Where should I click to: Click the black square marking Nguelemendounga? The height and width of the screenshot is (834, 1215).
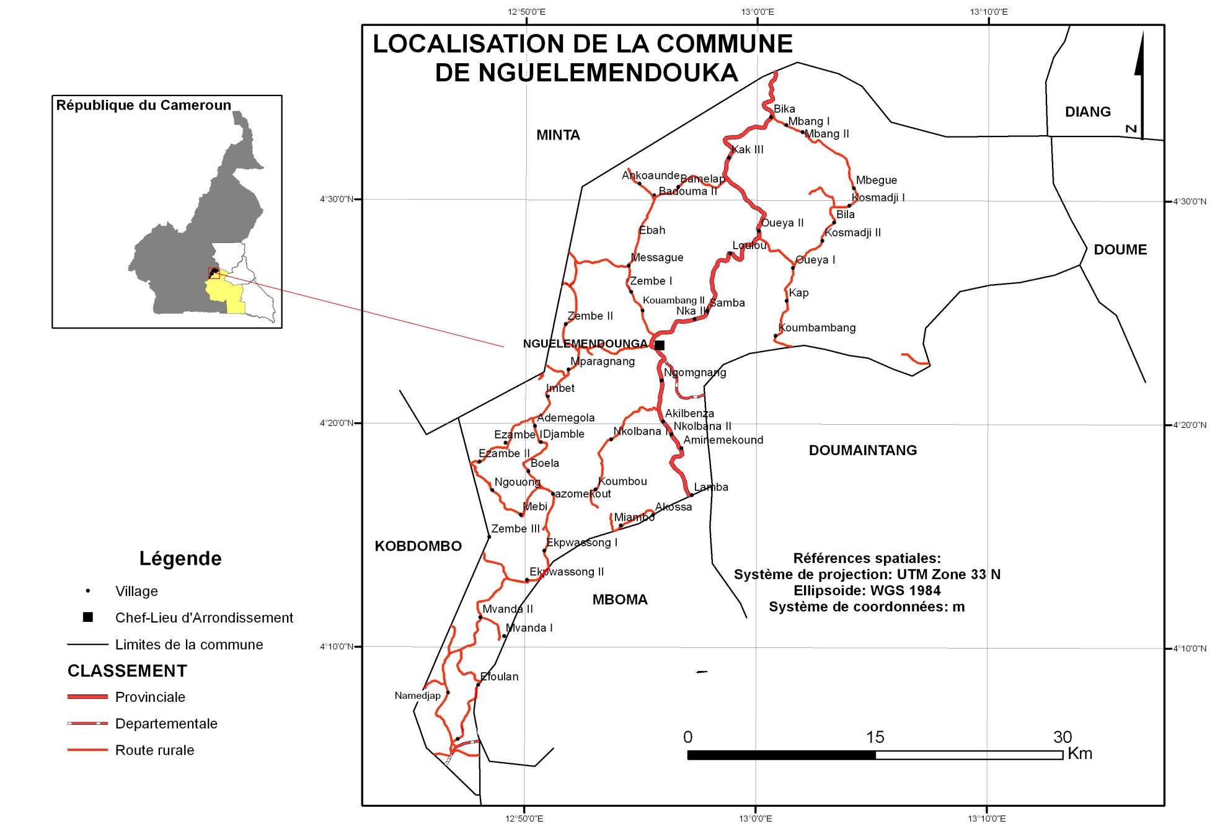pos(660,345)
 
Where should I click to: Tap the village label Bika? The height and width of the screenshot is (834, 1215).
pos(784,109)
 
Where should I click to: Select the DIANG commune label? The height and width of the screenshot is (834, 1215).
pos(1087,112)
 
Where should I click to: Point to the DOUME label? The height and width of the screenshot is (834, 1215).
pos(1120,250)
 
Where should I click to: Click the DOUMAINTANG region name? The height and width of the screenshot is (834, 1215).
pos(862,451)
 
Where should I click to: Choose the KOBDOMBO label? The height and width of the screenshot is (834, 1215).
pos(418,546)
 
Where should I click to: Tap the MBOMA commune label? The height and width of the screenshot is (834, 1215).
pos(620,600)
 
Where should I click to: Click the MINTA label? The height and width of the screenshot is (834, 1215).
pos(558,135)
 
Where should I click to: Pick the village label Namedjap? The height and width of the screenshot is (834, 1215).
pos(417,696)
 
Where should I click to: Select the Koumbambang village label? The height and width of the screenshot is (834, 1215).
pos(817,328)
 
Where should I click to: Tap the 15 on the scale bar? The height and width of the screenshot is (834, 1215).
pos(875,737)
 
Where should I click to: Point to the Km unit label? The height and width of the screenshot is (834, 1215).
pos(1080,754)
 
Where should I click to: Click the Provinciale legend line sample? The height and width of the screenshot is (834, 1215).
pos(87,697)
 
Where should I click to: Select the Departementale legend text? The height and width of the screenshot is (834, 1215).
pos(166,724)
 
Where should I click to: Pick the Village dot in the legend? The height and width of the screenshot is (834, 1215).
pos(88,591)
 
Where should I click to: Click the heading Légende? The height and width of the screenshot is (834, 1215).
pos(180,559)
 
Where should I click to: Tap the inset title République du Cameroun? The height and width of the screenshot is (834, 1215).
pos(143,105)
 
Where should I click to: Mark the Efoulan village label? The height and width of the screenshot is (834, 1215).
pos(500,677)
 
